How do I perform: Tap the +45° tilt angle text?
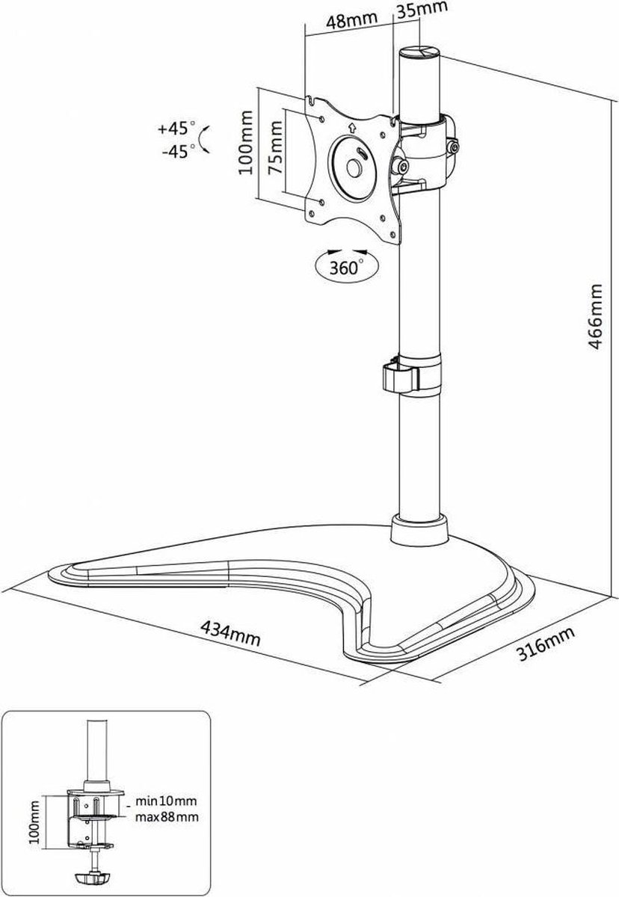point(176,129)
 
